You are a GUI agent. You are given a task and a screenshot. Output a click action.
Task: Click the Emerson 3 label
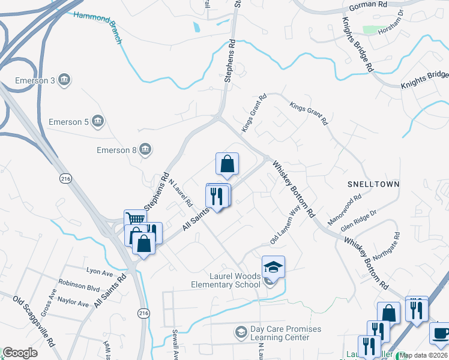click(x=36, y=80)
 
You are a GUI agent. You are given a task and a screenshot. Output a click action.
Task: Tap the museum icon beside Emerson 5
click(x=98, y=122)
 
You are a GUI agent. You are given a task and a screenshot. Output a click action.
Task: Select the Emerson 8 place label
click(x=117, y=150)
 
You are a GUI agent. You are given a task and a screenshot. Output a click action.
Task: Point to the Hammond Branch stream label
click(x=97, y=26)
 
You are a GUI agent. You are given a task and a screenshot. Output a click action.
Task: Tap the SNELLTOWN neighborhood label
click(x=373, y=182)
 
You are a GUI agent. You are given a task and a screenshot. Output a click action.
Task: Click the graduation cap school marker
click(x=273, y=266)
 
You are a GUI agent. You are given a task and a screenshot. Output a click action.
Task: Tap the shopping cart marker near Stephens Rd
click(x=136, y=220)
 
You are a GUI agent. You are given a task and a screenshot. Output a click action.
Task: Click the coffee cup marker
click(x=440, y=333)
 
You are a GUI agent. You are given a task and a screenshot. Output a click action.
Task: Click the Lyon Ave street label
click(x=100, y=272)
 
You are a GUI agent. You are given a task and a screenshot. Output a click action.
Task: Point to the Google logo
click(x=20, y=353)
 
